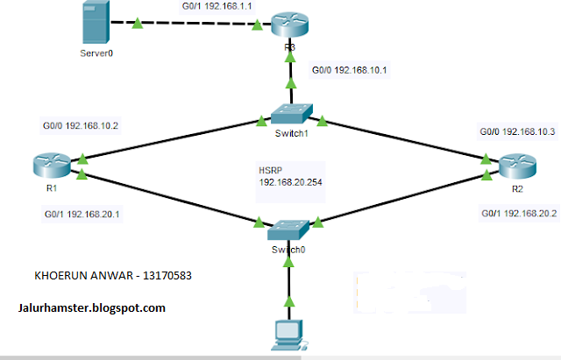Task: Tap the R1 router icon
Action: pyautogui.click(x=53, y=164)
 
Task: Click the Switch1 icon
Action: pyautogui.click(x=288, y=113)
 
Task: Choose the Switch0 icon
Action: pyautogui.click(x=288, y=229)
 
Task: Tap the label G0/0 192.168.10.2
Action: pyautogui.click(x=80, y=125)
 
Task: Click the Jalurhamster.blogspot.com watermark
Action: pyautogui.click(x=91, y=307)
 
